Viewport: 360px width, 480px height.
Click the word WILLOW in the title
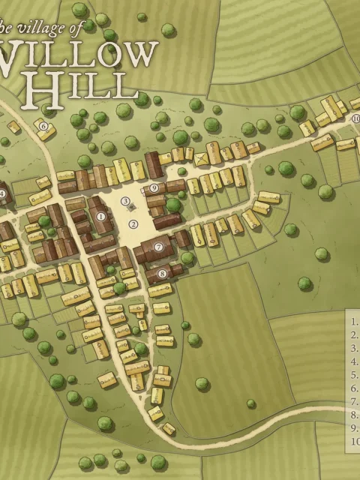79,56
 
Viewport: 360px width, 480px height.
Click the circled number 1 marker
100,217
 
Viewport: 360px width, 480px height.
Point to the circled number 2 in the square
133,223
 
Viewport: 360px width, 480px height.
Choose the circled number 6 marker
43,126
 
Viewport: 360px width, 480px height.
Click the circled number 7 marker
158,246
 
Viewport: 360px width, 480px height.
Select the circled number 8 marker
162,274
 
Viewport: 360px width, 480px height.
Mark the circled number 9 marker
154,188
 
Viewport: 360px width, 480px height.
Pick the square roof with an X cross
201,159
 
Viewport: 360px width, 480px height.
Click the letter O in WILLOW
110,56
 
